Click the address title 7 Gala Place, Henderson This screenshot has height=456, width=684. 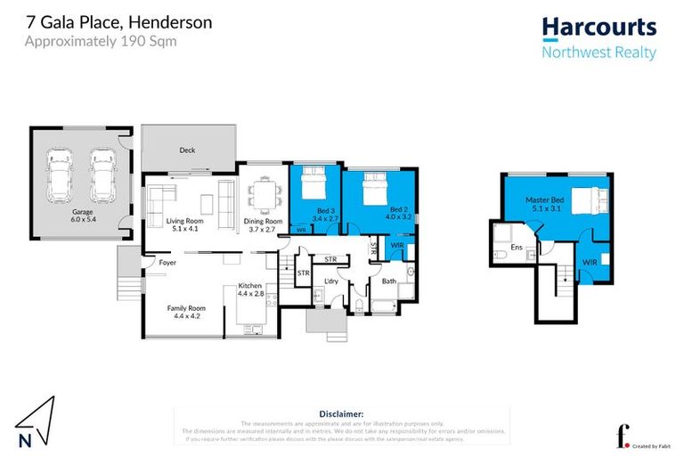pyautogui.click(x=119, y=22)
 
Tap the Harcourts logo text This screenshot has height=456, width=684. pyautogui.click(x=598, y=28)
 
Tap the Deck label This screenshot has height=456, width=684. pyautogui.click(x=187, y=150)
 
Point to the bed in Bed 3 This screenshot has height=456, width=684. pyautogui.click(x=313, y=184)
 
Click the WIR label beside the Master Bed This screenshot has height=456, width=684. pyautogui.click(x=590, y=263)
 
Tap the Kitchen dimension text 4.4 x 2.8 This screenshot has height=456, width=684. pyautogui.click(x=251, y=293)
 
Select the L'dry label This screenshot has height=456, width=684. pyautogui.click(x=330, y=282)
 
